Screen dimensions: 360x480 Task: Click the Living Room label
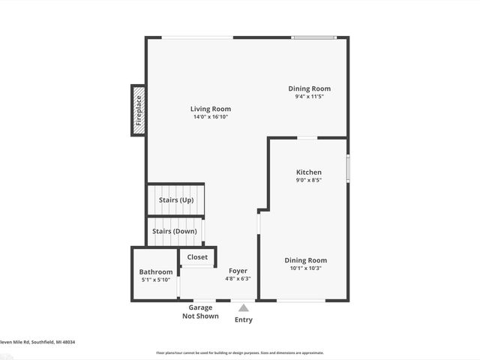click(x=210, y=109)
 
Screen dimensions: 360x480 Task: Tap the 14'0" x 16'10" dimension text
click(x=210, y=117)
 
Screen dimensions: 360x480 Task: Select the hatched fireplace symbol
click(x=138, y=110)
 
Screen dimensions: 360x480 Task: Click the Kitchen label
click(x=309, y=172)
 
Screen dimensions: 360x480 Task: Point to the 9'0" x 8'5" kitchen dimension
click(x=309, y=180)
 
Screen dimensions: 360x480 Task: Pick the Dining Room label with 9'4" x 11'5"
click(x=309, y=88)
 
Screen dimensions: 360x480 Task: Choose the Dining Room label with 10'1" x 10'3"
click(x=305, y=260)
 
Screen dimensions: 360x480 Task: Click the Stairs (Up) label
click(x=175, y=200)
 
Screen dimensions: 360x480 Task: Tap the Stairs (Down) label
click(x=175, y=231)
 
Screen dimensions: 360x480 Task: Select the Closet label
click(x=197, y=257)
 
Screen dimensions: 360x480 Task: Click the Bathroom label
click(x=156, y=271)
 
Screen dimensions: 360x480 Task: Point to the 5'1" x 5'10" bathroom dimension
click(x=156, y=280)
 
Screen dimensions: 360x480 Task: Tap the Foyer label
click(x=238, y=271)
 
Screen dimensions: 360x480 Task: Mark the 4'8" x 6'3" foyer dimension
click(x=238, y=279)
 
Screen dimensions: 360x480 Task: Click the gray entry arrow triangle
click(x=244, y=307)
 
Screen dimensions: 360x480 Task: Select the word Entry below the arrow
click(x=244, y=319)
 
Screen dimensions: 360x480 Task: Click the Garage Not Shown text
click(x=200, y=312)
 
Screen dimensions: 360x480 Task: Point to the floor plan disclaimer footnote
click(x=240, y=352)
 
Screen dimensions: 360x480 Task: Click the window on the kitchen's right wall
click(x=348, y=168)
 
